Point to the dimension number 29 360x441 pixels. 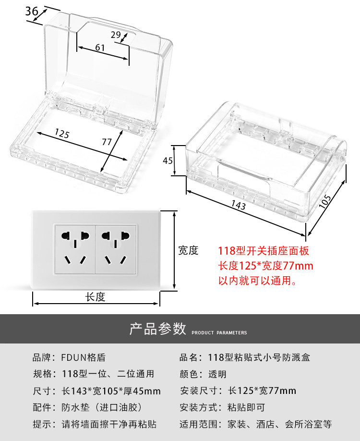pos(116,35)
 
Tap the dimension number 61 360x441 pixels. pos(100,48)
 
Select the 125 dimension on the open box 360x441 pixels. pos(61,133)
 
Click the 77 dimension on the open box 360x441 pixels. pos(107,142)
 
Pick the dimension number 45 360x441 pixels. pos(168,161)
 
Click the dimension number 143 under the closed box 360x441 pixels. pos(238,206)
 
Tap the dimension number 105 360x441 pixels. pos(325,200)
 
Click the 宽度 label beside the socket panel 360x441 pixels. pos(188,250)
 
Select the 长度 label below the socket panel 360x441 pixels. pos(95,297)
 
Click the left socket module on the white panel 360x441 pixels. pos(75,249)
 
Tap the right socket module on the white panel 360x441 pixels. pos(117,249)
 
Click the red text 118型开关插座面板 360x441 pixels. pos(264,251)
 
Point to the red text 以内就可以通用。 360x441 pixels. pos(257,281)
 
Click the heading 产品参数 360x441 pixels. pos(157,329)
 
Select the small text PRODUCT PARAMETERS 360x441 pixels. pos(219,333)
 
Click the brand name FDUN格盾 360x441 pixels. pos(83,357)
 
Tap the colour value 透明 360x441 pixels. pos(217,374)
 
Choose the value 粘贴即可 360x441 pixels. pos(246,408)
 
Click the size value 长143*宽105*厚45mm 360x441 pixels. pos(111,391)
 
